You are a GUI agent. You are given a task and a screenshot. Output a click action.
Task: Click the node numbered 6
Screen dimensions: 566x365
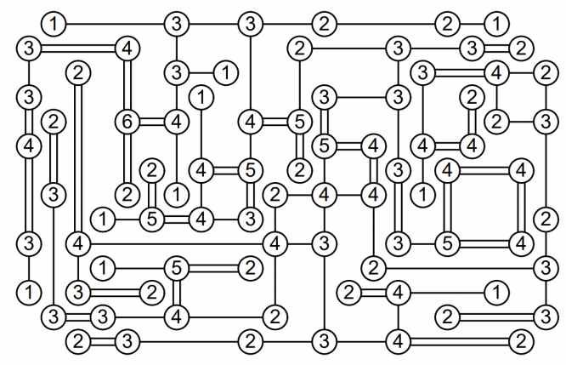point(127,121)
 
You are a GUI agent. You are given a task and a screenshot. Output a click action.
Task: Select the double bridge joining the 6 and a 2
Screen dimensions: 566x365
point(127,157)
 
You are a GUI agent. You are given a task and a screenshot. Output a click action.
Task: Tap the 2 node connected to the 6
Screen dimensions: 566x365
point(127,194)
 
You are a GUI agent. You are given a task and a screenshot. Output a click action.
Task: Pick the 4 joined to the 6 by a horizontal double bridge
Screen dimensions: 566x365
point(176,121)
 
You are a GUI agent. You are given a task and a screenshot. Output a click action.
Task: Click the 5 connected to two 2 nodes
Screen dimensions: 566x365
point(151,218)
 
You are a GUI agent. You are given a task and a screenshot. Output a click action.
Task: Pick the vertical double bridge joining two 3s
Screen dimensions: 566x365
point(396,207)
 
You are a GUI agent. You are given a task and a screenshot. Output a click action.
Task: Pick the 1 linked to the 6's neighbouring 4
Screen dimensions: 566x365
point(176,194)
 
